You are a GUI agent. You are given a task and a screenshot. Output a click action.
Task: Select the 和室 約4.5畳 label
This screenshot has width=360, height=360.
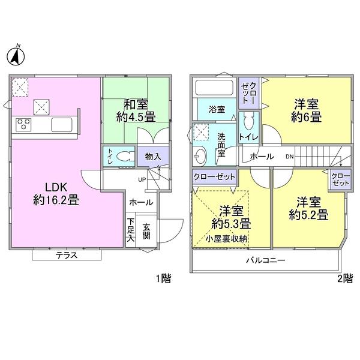coord(137,110)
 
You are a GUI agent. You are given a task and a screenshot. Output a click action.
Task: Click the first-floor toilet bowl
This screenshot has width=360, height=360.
coord(124,156)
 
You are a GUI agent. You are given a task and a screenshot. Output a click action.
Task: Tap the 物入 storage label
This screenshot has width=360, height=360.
coord(153,157)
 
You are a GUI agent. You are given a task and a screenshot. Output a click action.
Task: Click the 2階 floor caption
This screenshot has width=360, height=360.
coord(344,278)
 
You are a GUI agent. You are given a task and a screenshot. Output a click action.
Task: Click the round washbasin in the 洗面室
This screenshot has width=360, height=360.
coord(199,157)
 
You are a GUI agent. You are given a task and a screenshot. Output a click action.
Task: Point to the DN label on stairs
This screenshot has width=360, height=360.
coord(290,157)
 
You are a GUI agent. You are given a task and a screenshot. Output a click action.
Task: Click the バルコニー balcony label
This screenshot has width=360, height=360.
coord(265,260)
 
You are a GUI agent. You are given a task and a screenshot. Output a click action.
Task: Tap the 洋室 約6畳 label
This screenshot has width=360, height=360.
coord(307,110)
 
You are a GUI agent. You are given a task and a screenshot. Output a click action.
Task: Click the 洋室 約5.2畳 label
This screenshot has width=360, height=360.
coord(307,207)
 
